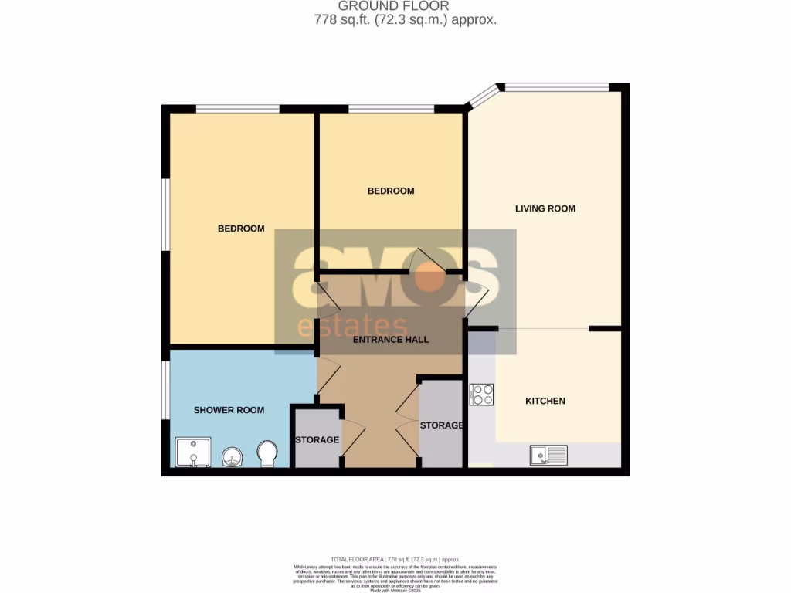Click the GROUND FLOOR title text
tap(393, 6)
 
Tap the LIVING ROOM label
tap(545, 208)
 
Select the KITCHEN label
tap(545, 401)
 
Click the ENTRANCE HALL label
tap(390, 340)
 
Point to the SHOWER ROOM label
tap(229, 410)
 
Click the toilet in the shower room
tap(267, 453)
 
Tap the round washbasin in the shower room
tap(232, 457)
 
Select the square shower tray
tap(192, 452)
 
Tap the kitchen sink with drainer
tap(548, 455)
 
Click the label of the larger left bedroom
tap(241, 229)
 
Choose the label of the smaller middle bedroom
tap(391, 191)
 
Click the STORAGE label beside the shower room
tap(317, 440)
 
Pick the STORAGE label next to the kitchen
tap(441, 425)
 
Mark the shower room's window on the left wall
tap(165, 390)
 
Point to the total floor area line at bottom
tap(395, 559)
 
